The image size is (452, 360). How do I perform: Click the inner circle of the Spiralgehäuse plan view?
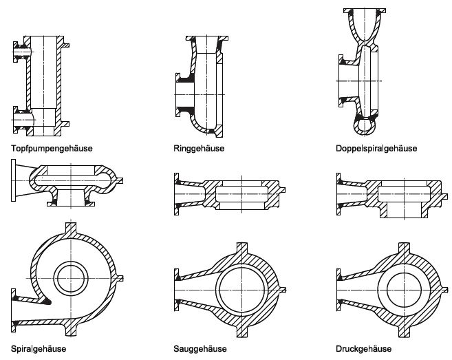(72, 279)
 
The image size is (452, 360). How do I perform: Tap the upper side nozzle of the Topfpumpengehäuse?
(18, 50)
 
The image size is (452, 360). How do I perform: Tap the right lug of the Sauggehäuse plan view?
(286, 289)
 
